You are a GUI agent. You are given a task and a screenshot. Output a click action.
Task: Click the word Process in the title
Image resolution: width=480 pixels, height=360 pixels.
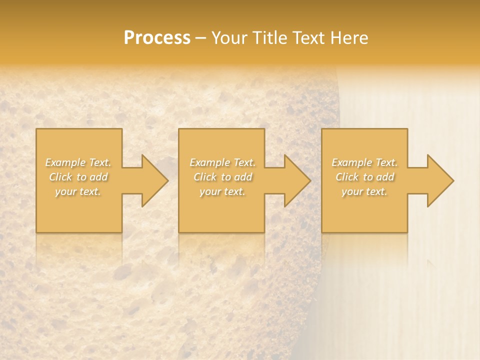coord(157,38)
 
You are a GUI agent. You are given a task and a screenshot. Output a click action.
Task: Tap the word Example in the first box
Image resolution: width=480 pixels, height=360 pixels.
coord(65,162)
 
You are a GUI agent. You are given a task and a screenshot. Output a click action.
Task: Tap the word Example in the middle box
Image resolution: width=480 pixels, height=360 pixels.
coord(209,162)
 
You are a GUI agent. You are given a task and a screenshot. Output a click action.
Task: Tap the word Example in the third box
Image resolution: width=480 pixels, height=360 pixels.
coord(351,162)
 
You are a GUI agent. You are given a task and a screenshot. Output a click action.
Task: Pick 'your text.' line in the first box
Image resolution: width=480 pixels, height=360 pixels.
coord(78,191)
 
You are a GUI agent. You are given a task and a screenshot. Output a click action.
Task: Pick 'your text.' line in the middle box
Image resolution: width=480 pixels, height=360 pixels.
coord(222,191)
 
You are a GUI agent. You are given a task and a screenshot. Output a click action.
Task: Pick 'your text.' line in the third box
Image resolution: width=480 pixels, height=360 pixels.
coord(364,191)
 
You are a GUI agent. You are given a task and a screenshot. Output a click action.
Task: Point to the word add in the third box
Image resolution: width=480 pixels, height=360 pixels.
coord(385,177)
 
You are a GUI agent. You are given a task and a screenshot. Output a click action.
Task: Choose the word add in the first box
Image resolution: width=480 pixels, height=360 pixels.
coord(98,177)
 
